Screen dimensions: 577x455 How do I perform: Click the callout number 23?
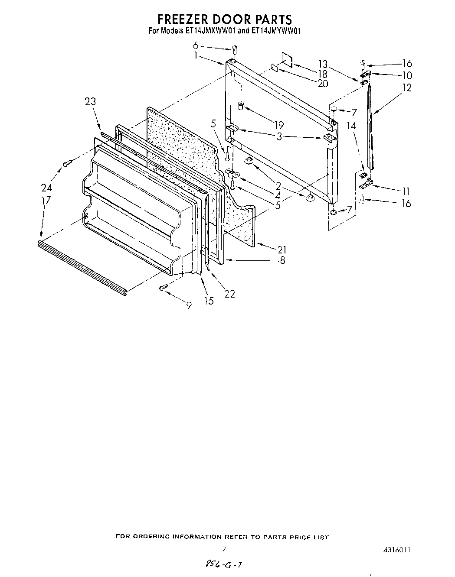[91, 101]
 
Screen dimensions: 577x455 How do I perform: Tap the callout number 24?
[46, 188]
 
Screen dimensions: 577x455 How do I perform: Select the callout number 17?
[46, 201]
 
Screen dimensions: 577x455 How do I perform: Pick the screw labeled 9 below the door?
[164, 287]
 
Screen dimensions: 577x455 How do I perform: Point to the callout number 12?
[406, 88]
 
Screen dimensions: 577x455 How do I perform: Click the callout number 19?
[278, 126]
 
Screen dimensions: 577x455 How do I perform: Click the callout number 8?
[282, 260]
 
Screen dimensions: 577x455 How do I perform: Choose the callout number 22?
[229, 294]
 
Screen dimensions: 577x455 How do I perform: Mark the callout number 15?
[209, 301]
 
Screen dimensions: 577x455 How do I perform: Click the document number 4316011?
[396, 550]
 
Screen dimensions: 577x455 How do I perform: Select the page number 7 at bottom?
[224, 549]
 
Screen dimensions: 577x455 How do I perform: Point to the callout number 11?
[406, 191]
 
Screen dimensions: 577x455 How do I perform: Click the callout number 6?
[196, 45]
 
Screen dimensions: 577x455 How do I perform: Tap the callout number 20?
[323, 84]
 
